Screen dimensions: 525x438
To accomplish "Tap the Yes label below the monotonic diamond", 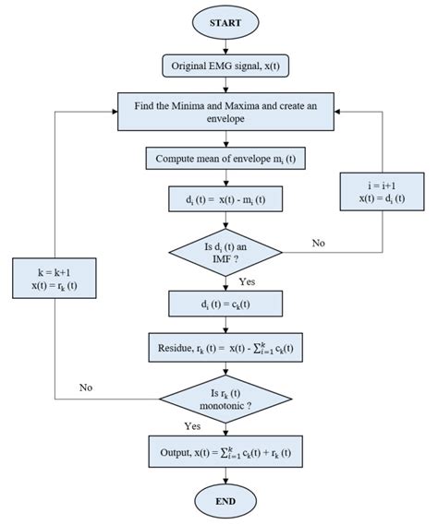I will click(192, 427).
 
